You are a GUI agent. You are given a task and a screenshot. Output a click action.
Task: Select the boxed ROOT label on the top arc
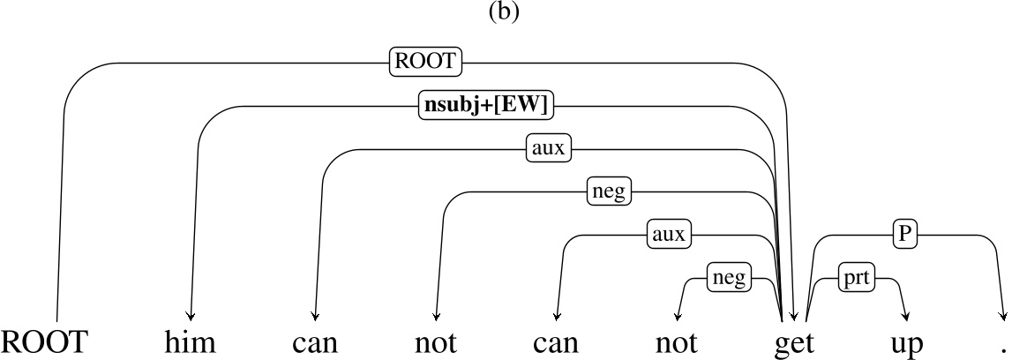pyautogui.click(x=426, y=62)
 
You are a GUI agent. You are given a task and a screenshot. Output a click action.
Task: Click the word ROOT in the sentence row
pyautogui.click(x=45, y=341)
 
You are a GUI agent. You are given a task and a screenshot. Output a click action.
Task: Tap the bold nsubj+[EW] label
pyautogui.click(x=485, y=105)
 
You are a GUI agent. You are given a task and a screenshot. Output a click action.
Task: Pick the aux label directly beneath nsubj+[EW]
pyautogui.click(x=549, y=148)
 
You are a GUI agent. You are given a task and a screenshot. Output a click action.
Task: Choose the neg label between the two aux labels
pyautogui.click(x=611, y=191)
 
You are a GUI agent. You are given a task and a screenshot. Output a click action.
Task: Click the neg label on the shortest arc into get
pyautogui.click(x=730, y=278)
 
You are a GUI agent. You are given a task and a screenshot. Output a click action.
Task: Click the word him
pyautogui.click(x=191, y=341)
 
